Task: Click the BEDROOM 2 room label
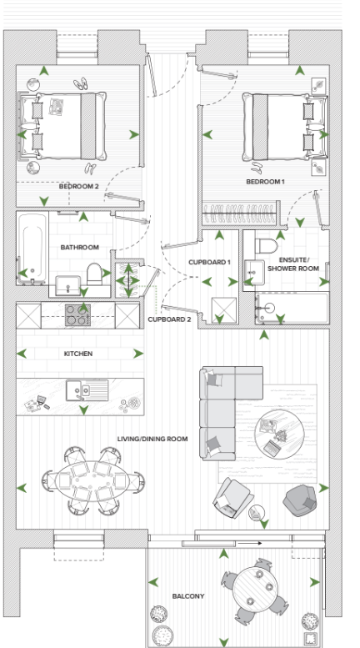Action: (x=79, y=187)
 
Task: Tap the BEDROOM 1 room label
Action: (x=265, y=181)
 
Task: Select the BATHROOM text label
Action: (x=80, y=248)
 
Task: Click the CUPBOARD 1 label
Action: (x=209, y=263)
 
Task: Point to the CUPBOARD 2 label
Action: (x=169, y=319)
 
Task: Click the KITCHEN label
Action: (x=80, y=354)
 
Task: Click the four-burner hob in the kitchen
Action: (x=78, y=315)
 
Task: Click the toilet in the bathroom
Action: (x=96, y=274)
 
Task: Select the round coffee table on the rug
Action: (x=277, y=435)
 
